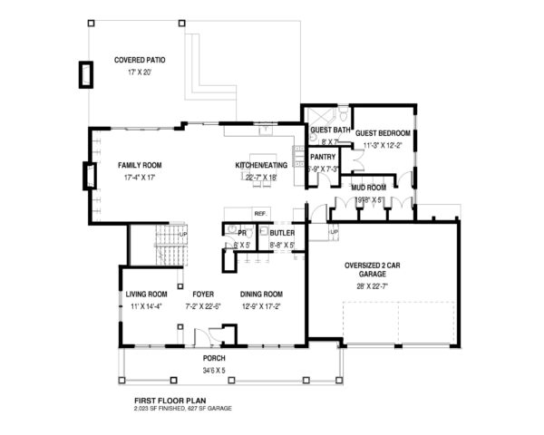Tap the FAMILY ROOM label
140,166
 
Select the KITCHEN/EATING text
262,166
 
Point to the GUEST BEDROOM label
382,133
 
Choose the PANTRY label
324,157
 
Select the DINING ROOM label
262,295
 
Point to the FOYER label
202,295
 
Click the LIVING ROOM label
147,295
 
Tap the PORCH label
214,359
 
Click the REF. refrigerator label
259,214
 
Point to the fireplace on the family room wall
89,175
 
